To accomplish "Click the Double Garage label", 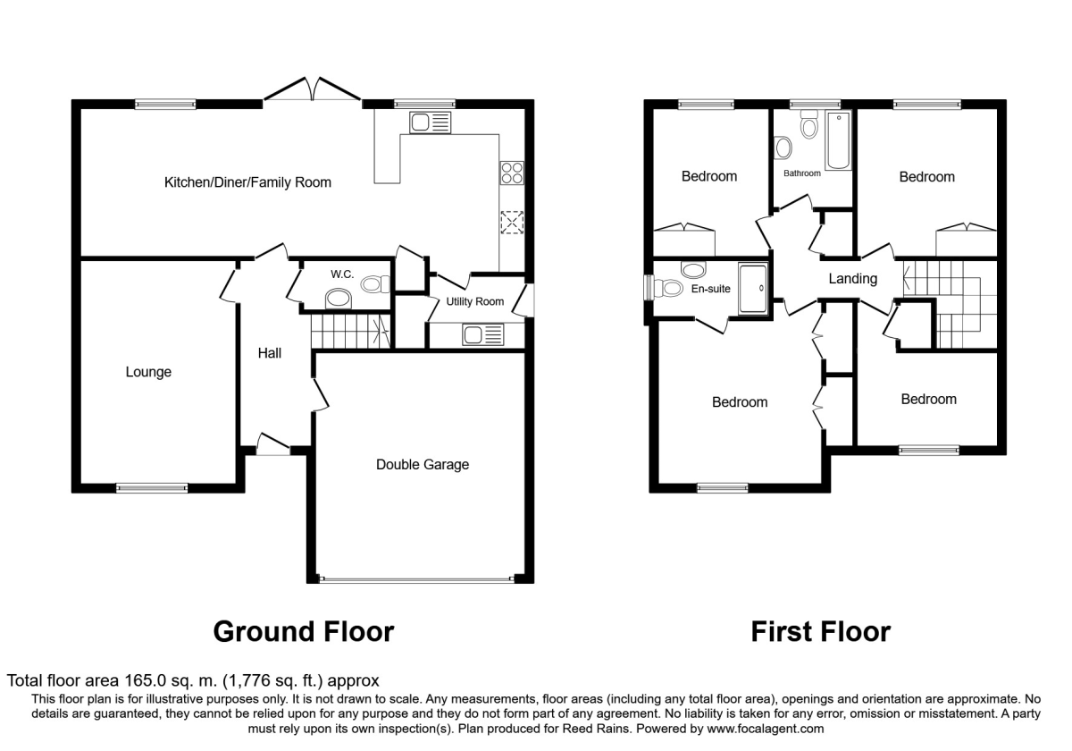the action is (x=422, y=465).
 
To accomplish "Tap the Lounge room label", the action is (x=148, y=372).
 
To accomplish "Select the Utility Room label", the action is (x=474, y=302).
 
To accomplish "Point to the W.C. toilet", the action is (x=375, y=284).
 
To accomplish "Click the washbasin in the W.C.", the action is (x=339, y=299).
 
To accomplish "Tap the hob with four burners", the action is (x=512, y=173).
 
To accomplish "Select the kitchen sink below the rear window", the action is (x=430, y=122).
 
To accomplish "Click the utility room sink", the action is (x=483, y=334).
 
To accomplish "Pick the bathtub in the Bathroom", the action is (x=838, y=140).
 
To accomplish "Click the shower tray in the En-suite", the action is (x=753, y=288).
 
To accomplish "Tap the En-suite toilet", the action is (x=667, y=288).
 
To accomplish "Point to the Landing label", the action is (x=853, y=279).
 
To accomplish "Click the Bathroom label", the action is (x=802, y=173).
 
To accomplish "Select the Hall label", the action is (x=270, y=353).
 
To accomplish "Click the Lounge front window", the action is (x=152, y=488).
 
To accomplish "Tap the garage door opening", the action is (x=417, y=579).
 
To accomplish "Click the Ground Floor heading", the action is (x=304, y=631).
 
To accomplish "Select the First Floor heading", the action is (x=821, y=631).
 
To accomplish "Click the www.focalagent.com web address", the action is (x=765, y=729).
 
